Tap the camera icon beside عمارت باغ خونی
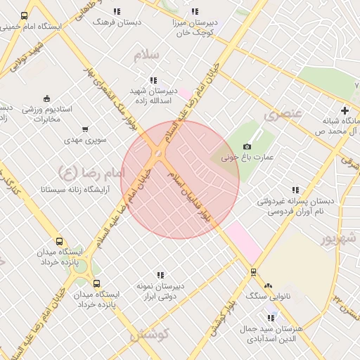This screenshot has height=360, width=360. click(x=247, y=146)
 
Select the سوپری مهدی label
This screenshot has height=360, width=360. click(x=86, y=140)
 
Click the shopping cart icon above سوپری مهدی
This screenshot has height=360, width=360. click(x=86, y=129)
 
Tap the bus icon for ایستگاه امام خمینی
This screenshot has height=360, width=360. click(x=25, y=15)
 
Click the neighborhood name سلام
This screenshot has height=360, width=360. click(x=150, y=54)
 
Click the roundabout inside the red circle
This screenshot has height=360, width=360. click(x=159, y=153)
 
